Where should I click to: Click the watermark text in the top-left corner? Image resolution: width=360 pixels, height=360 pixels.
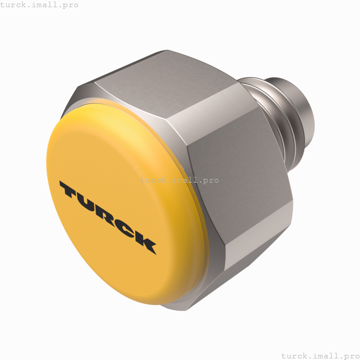[40, 5]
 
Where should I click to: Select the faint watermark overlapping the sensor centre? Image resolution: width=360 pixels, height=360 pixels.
[175, 180]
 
